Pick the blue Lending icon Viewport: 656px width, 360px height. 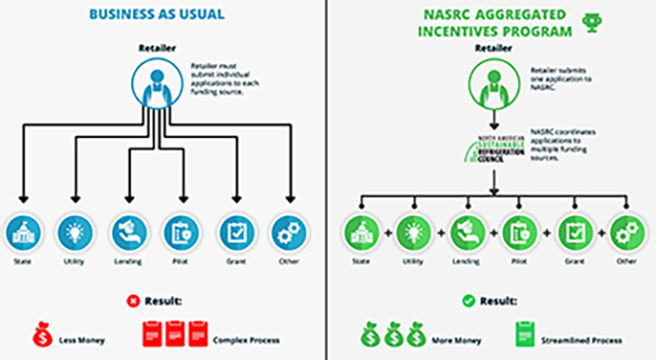click(128, 233)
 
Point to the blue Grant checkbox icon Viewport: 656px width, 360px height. click(238, 233)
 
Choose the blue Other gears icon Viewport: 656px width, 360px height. click(289, 233)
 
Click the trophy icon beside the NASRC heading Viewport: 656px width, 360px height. click(588, 22)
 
